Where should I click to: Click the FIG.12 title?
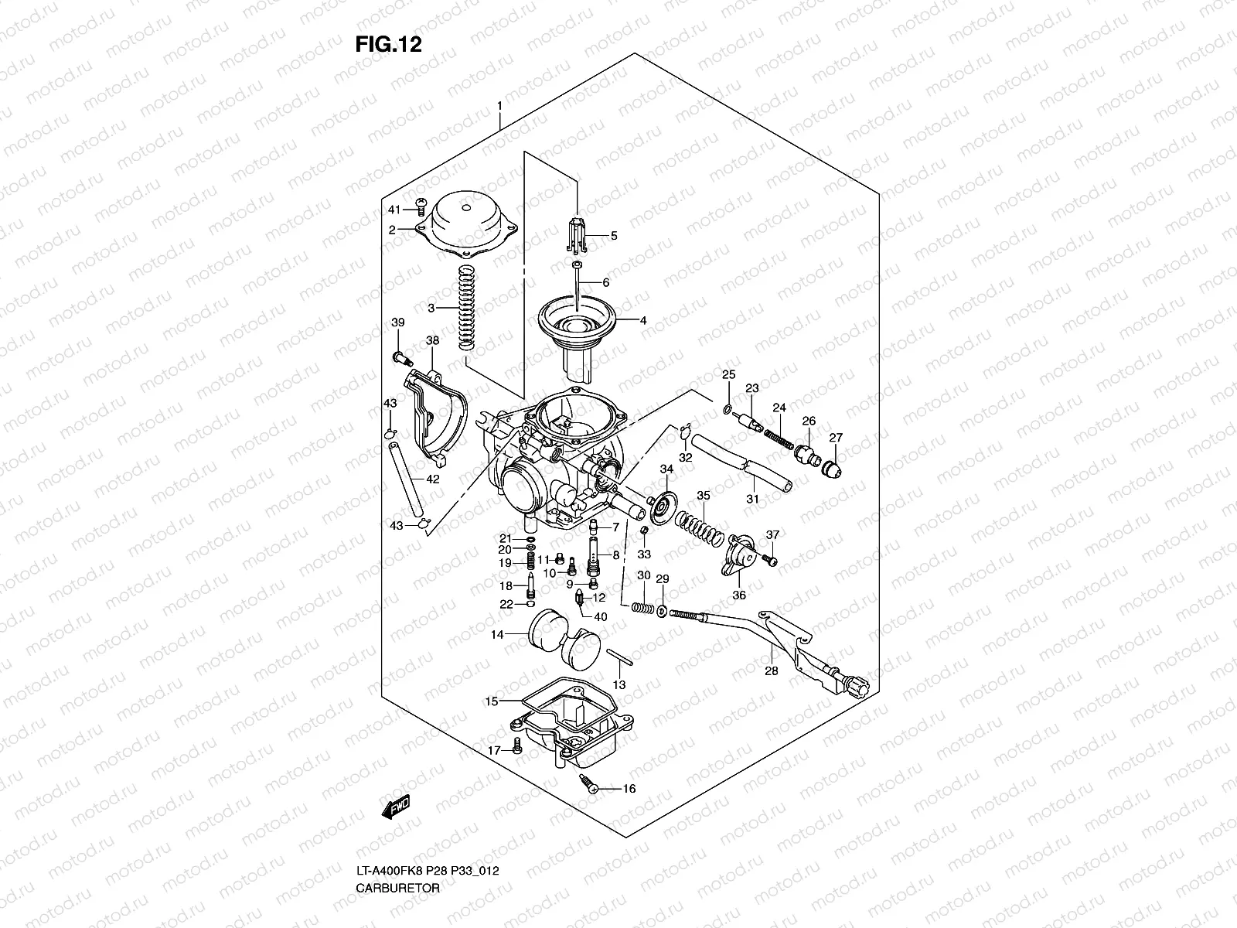(388, 44)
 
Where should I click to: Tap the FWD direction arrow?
(395, 807)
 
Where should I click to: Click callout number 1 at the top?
(499, 106)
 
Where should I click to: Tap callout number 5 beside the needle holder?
(614, 236)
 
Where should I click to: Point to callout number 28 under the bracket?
(772, 671)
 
